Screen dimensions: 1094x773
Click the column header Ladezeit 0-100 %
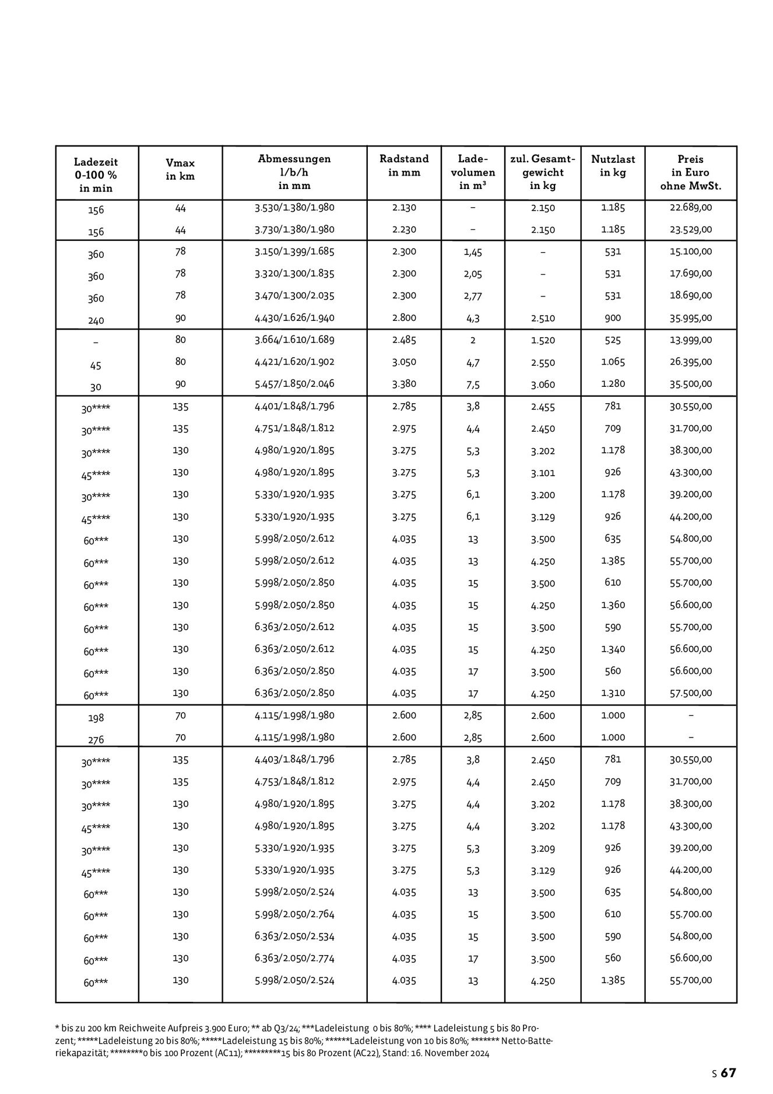[96, 174]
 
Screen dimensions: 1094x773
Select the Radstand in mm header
[404, 165]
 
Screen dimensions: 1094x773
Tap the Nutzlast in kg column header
[613, 165]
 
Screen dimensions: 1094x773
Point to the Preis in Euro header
[690, 173]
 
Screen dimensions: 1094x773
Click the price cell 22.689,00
[690, 207]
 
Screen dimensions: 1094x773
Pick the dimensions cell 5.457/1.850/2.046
[294, 384]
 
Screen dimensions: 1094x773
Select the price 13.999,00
[690, 340]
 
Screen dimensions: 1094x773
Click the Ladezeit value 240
[96, 320]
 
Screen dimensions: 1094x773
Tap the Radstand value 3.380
[404, 384]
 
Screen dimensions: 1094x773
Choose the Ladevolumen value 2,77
[473, 296]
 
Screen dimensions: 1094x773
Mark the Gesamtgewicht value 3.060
[543, 385]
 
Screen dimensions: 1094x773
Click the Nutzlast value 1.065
[613, 362]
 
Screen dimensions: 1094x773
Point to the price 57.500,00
[690, 693]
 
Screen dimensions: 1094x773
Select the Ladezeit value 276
[96, 740]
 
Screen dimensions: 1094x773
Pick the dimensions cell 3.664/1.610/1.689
[294, 340]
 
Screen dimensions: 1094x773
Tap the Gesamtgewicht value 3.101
[543, 473]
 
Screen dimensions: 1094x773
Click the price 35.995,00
[690, 318]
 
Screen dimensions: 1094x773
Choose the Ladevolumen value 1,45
[473, 252]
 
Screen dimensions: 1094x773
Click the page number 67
[729, 1073]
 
